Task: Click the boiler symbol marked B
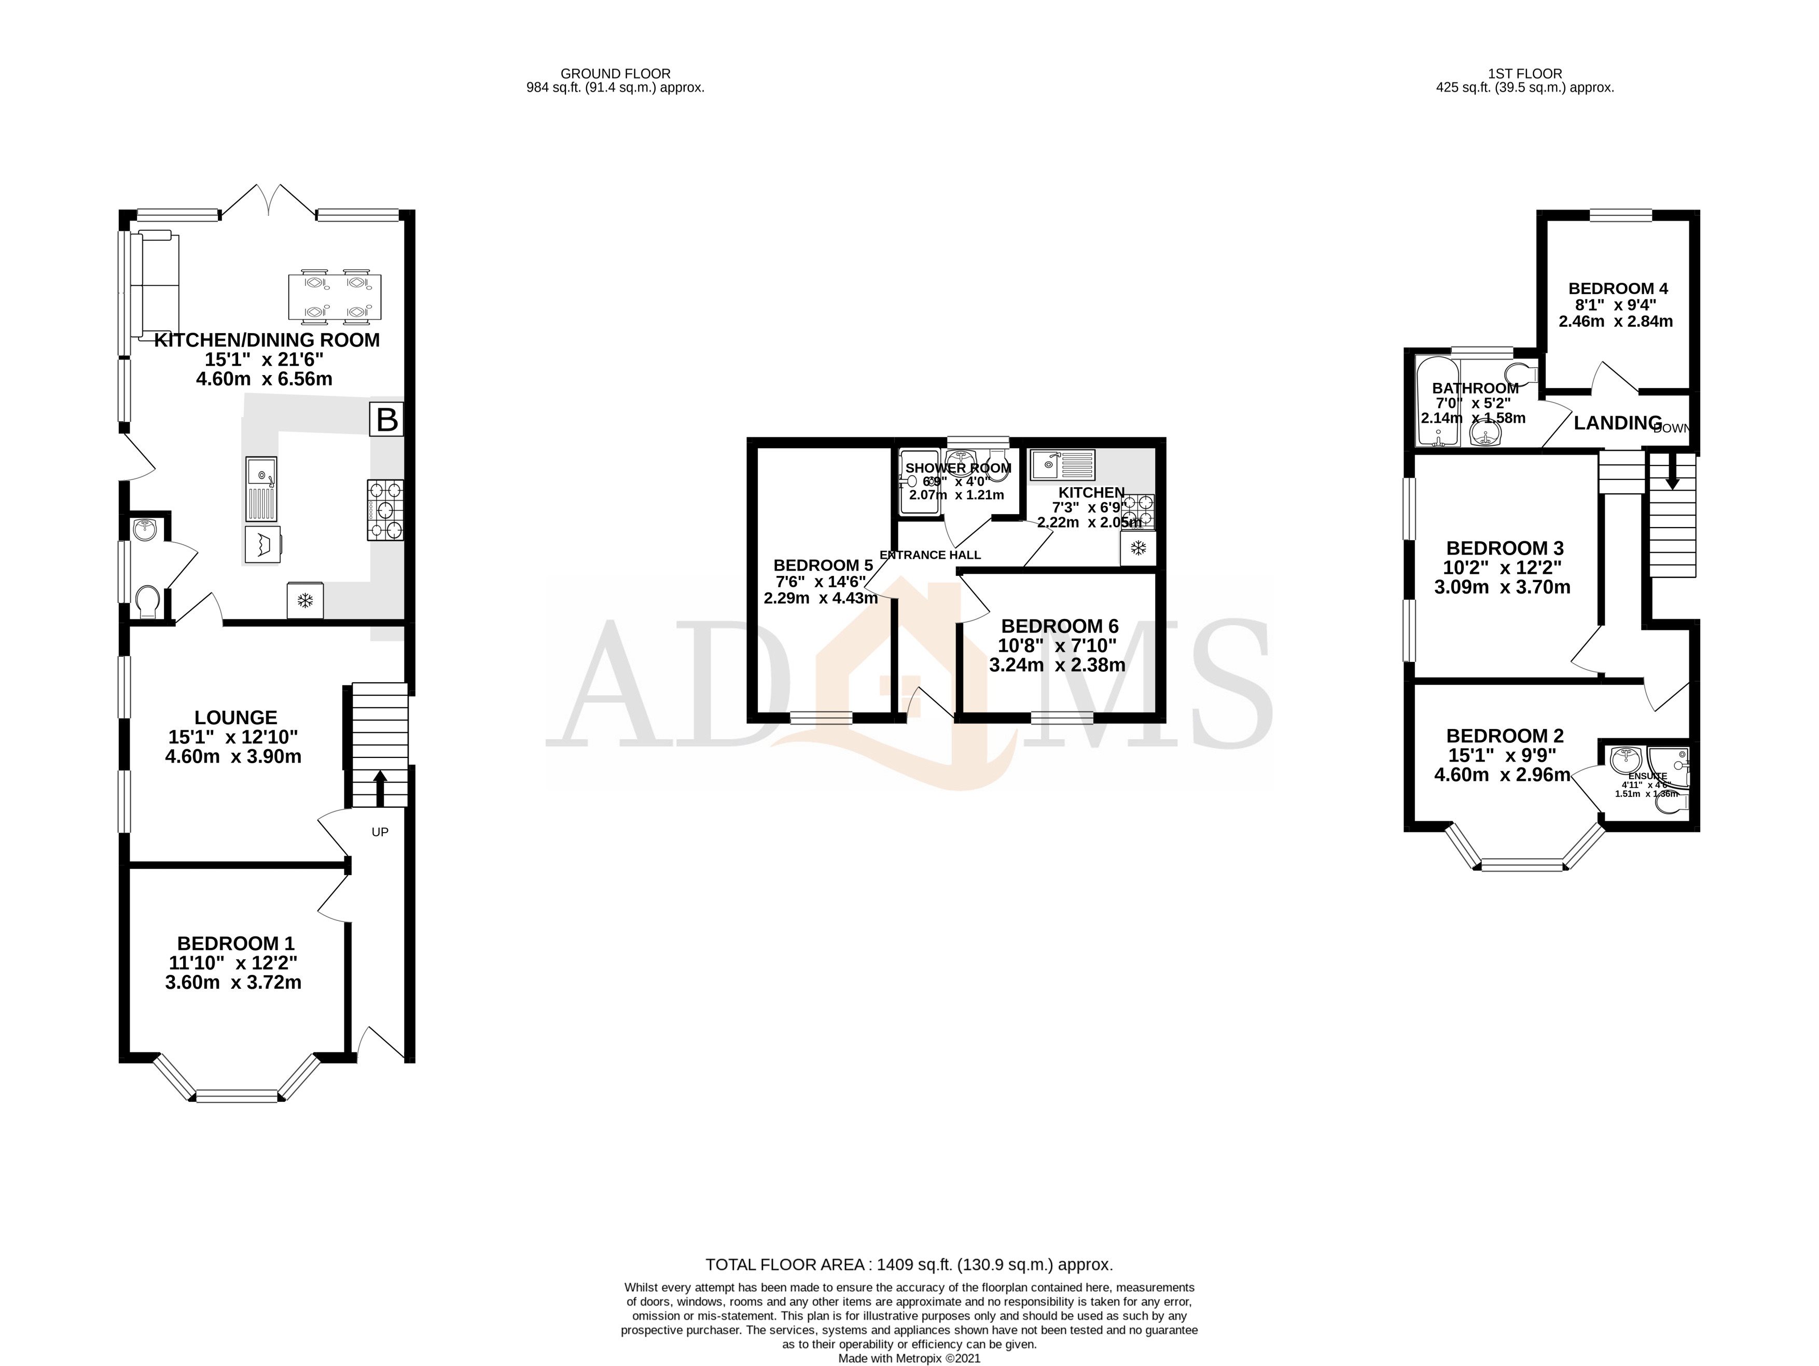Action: tap(386, 420)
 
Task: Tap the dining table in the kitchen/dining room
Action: tap(335, 297)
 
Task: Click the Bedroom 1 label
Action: tap(235, 943)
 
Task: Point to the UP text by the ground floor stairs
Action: tap(380, 832)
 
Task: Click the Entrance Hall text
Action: tap(930, 555)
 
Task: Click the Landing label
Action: tap(1618, 423)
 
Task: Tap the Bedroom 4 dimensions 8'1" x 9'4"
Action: tap(1615, 305)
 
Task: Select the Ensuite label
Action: tap(1647, 776)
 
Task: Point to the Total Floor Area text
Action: tap(909, 1265)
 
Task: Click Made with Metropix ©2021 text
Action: tap(909, 1359)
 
